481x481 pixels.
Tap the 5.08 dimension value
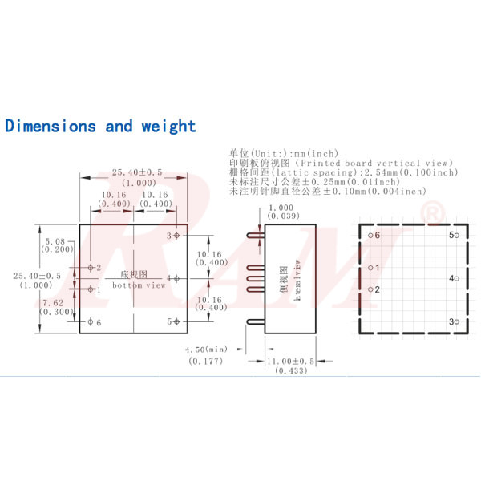coord(55,240)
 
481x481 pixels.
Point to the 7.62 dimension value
coord(55,302)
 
